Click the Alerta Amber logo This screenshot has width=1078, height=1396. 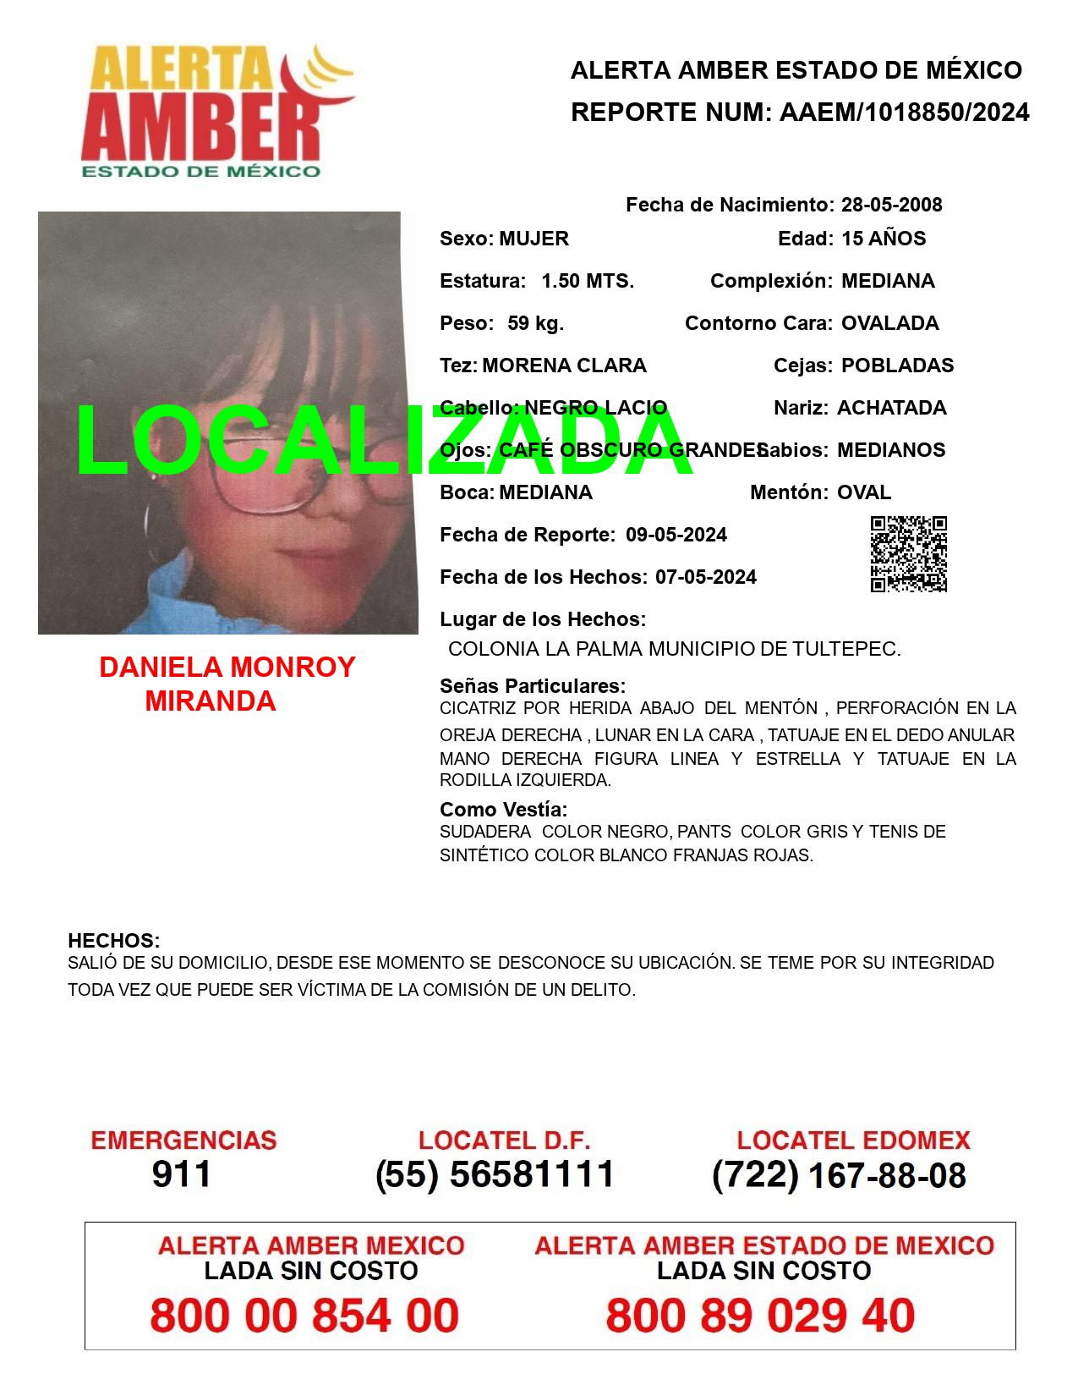tap(217, 112)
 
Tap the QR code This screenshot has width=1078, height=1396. tap(909, 554)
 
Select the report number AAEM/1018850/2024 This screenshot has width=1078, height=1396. tap(904, 112)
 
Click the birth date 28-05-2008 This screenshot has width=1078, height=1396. tap(891, 205)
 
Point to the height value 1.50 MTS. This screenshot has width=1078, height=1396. tap(588, 281)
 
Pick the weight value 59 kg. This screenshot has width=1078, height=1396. tap(535, 323)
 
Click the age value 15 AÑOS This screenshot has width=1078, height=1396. tap(884, 239)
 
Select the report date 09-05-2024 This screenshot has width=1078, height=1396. tap(676, 535)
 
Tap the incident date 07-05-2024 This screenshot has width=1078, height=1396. tap(705, 577)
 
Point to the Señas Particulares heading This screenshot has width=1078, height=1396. tap(533, 685)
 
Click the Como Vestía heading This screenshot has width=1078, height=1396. tap(503, 810)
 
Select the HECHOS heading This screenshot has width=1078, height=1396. tap(113, 941)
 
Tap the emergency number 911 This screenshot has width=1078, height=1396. tap(182, 1174)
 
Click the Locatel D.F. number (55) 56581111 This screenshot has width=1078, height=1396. tap(495, 1174)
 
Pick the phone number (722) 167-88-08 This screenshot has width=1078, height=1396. tap(839, 1174)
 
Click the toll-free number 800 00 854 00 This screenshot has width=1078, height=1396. tap(304, 1316)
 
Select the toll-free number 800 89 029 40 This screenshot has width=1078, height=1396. tap(760, 1316)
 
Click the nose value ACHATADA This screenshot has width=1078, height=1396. tap(891, 408)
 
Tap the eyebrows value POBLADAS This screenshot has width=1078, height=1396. tap(897, 365)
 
